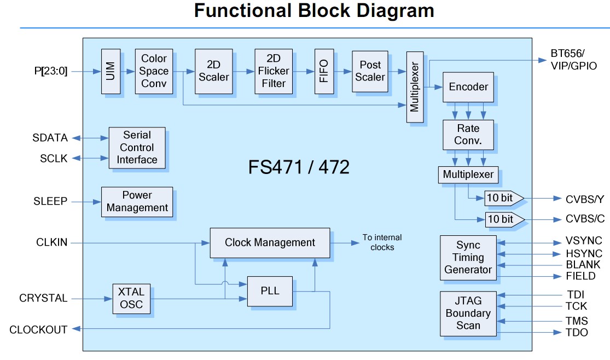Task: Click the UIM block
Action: [x=110, y=71]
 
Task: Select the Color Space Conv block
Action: [x=154, y=71]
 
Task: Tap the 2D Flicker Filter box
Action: [x=274, y=71]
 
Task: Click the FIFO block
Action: [x=324, y=71]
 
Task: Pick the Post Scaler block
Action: [x=370, y=71]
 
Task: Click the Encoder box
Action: [x=468, y=87]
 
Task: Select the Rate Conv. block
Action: [x=468, y=135]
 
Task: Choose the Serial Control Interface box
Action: [x=137, y=147]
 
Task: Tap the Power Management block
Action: [x=137, y=201]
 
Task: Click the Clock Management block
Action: [x=270, y=242]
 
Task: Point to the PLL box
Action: [x=270, y=291]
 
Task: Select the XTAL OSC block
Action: [x=131, y=298]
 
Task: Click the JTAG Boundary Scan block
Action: [x=468, y=313]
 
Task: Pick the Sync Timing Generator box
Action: [x=468, y=257]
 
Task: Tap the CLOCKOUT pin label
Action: [x=38, y=330]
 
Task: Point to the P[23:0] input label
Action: [x=50, y=71]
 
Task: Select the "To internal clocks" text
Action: [x=382, y=242]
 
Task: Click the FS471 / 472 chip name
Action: [x=299, y=167]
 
